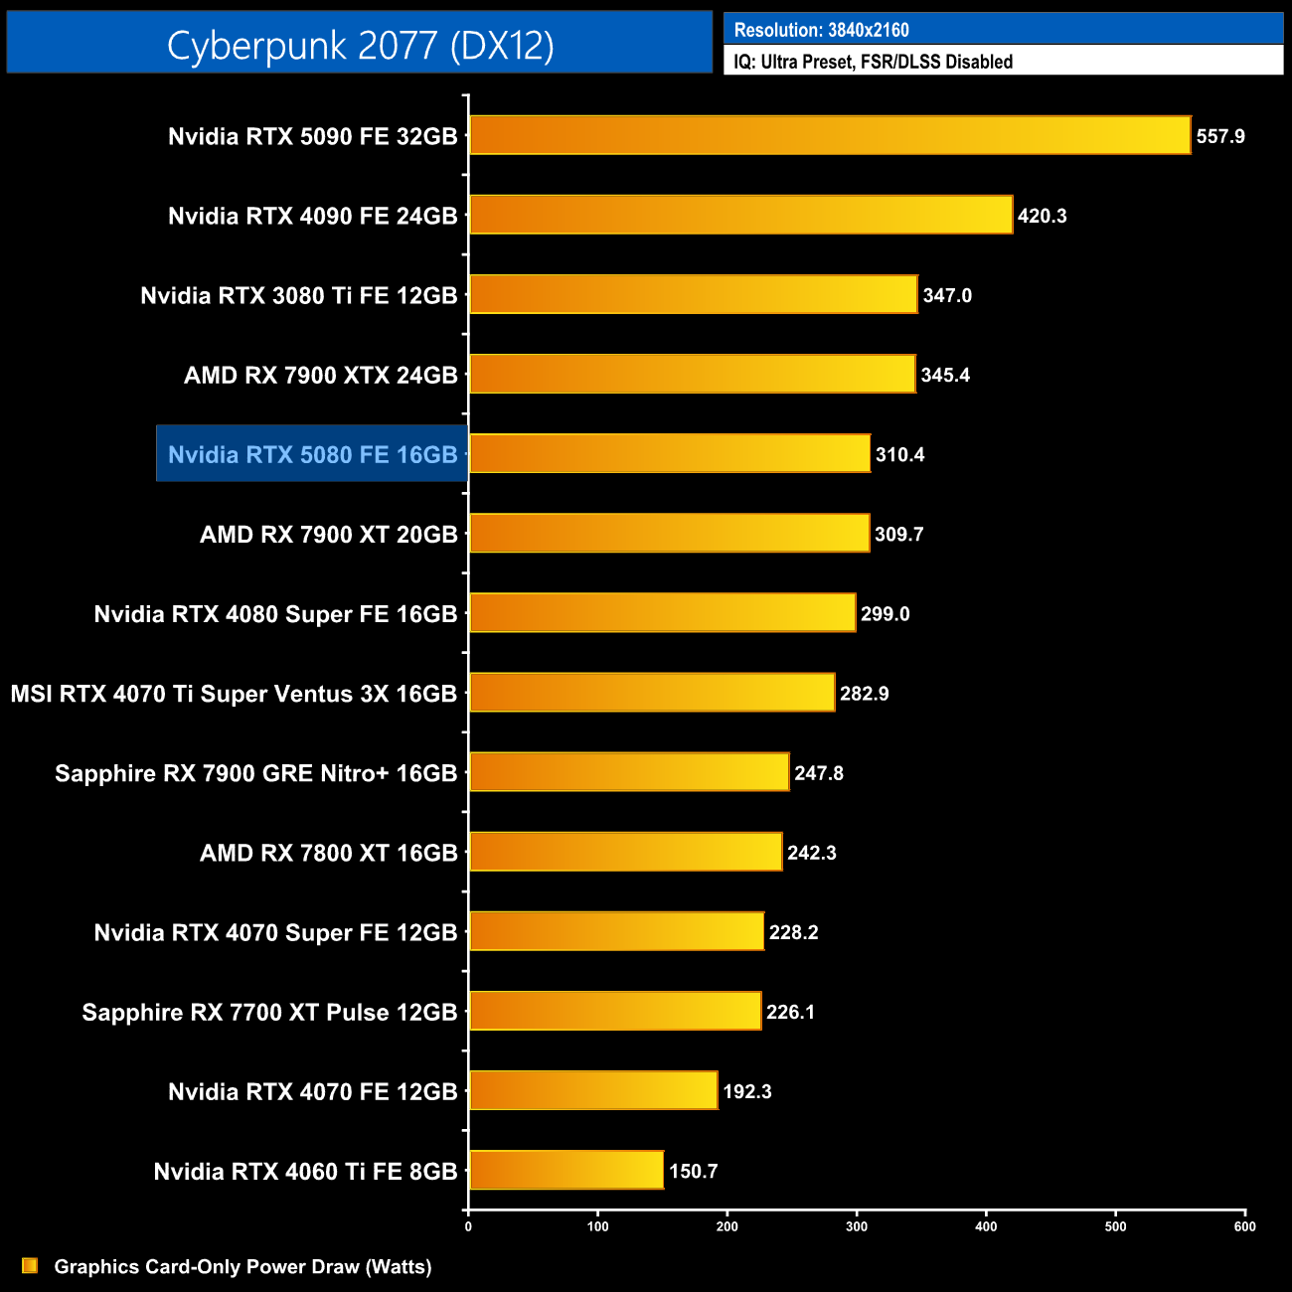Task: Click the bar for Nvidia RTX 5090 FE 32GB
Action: [x=830, y=135]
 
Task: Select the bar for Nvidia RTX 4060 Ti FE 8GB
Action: [x=566, y=1170]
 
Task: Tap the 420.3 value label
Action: [x=1042, y=216]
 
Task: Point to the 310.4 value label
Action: [x=899, y=454]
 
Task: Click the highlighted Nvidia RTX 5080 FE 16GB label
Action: [x=312, y=454]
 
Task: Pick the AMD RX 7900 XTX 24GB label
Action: [x=320, y=375]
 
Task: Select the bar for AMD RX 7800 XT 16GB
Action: [x=626, y=852]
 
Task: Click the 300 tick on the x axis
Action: [x=857, y=1226]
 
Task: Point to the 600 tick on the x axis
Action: [x=1244, y=1226]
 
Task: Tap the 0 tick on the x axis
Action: [x=468, y=1226]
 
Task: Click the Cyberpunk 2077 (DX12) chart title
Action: [x=360, y=45]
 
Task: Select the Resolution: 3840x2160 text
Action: [x=821, y=30]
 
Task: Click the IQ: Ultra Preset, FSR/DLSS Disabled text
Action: [x=873, y=62]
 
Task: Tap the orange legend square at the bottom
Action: [x=30, y=1265]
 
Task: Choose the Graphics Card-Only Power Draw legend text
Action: [x=242, y=1266]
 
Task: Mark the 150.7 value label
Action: [x=693, y=1171]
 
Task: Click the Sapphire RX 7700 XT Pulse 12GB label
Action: [x=269, y=1012]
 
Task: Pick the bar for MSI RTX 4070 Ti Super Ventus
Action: [x=652, y=693]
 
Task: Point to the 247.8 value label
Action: [x=818, y=773]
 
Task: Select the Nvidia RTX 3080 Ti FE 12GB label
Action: [x=298, y=295]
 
